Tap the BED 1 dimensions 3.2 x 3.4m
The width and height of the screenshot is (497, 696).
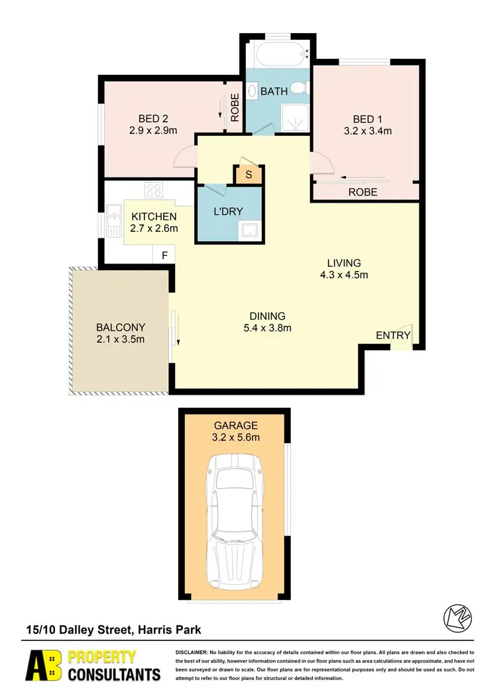(x=372, y=131)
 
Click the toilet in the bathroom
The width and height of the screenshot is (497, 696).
(x=300, y=87)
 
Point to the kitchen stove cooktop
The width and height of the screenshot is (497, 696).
(x=154, y=191)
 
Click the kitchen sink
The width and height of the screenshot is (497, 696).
(x=113, y=215)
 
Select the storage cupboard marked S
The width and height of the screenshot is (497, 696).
(x=248, y=175)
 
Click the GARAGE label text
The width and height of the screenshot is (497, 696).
(x=235, y=426)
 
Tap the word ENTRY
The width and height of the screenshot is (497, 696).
(x=393, y=336)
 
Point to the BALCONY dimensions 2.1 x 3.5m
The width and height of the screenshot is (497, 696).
(x=121, y=340)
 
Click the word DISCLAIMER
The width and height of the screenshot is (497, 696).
(x=192, y=653)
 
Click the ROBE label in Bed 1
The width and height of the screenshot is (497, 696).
(x=362, y=192)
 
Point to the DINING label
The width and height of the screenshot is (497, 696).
(x=267, y=316)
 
